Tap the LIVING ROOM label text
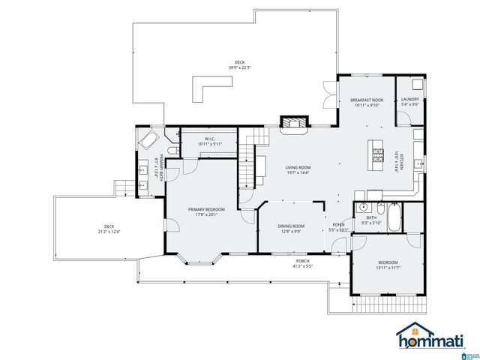click(297, 167)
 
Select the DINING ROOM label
click(292, 226)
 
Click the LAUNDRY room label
click(410, 100)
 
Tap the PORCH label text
click(302, 261)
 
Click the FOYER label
click(339, 225)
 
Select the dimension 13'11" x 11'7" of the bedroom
click(388, 266)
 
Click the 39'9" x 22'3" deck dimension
click(239, 67)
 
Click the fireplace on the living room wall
click(291, 121)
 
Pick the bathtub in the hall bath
click(394, 217)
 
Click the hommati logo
click(425, 336)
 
